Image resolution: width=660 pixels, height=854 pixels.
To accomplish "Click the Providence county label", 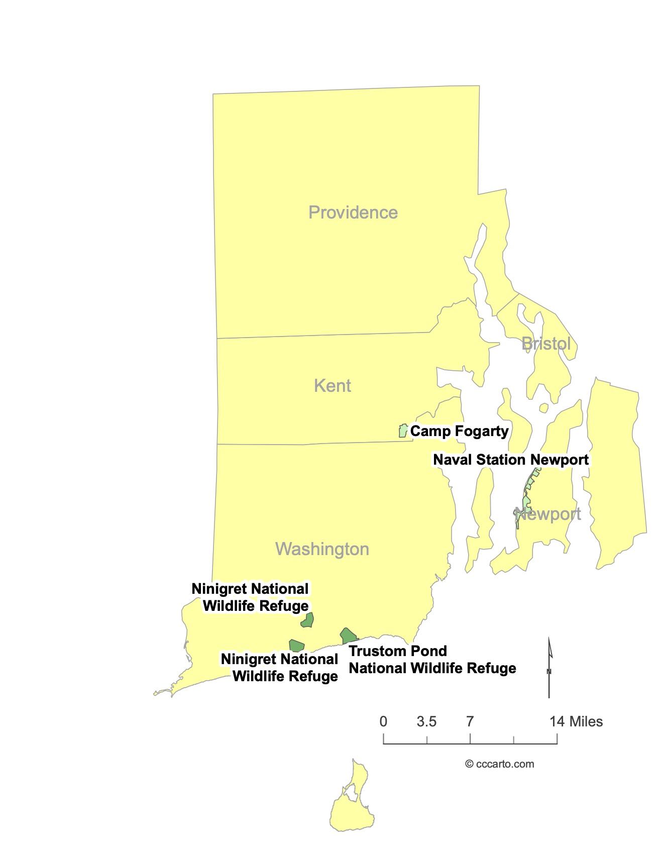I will pyautogui.click(x=353, y=212).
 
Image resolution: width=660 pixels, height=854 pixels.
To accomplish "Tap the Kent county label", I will pyautogui.click(x=332, y=386).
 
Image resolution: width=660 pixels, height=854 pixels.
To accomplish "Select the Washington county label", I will pyautogui.click(x=322, y=549).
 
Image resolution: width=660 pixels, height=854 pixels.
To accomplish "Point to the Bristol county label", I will pyautogui.click(x=545, y=344).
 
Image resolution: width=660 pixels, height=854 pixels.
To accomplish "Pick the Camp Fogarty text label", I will pyautogui.click(x=459, y=431).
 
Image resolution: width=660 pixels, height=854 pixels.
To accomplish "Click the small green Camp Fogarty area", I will pyautogui.click(x=402, y=431).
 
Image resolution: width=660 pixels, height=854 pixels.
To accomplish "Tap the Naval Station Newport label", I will pyautogui.click(x=510, y=460).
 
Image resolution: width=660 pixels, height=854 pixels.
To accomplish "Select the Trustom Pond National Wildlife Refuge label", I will pyautogui.click(x=432, y=660).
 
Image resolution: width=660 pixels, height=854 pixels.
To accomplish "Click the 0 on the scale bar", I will pyautogui.click(x=383, y=722).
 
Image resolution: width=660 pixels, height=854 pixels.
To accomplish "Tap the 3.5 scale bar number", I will pyautogui.click(x=426, y=722).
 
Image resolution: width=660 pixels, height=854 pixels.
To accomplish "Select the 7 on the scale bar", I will pyautogui.click(x=470, y=722).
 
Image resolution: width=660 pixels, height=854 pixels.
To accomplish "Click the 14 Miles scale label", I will pyautogui.click(x=576, y=722).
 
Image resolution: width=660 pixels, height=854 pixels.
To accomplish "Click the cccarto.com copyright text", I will pyautogui.click(x=499, y=764).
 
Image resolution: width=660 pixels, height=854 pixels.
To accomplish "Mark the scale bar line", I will pyautogui.click(x=470, y=743).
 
